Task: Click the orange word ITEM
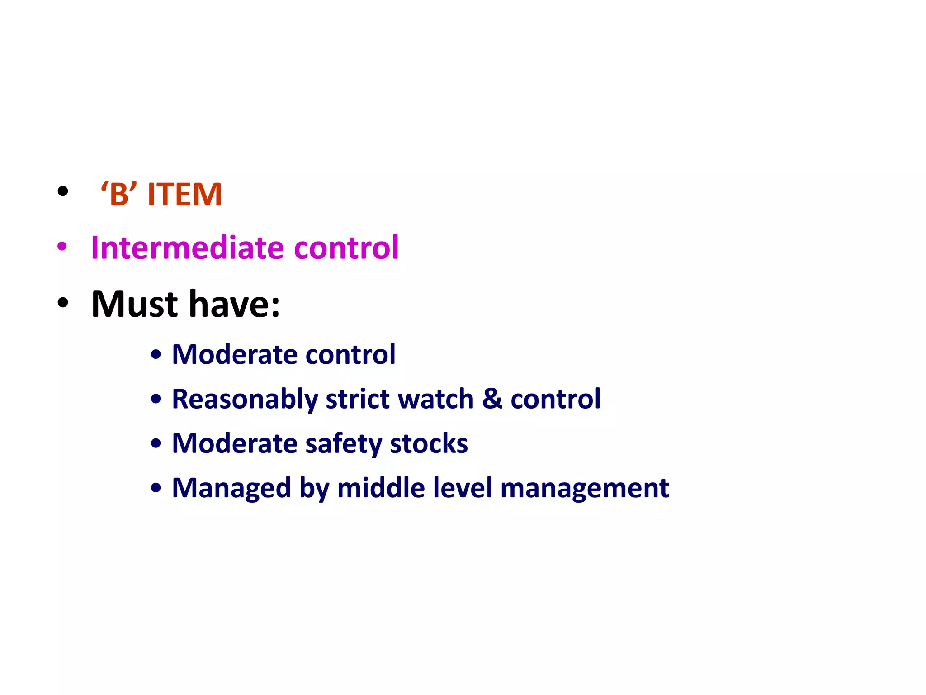[x=184, y=195]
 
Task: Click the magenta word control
[x=346, y=248]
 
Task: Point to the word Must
[x=135, y=304]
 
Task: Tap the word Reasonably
[x=245, y=399]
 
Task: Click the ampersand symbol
[x=492, y=399]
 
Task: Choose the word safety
[x=344, y=443]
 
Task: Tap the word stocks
[x=429, y=443]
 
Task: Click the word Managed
[x=231, y=488]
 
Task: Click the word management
[x=584, y=488]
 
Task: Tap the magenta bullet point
[x=62, y=247]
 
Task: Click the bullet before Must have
[x=63, y=303]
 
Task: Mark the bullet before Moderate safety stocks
[x=156, y=444]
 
